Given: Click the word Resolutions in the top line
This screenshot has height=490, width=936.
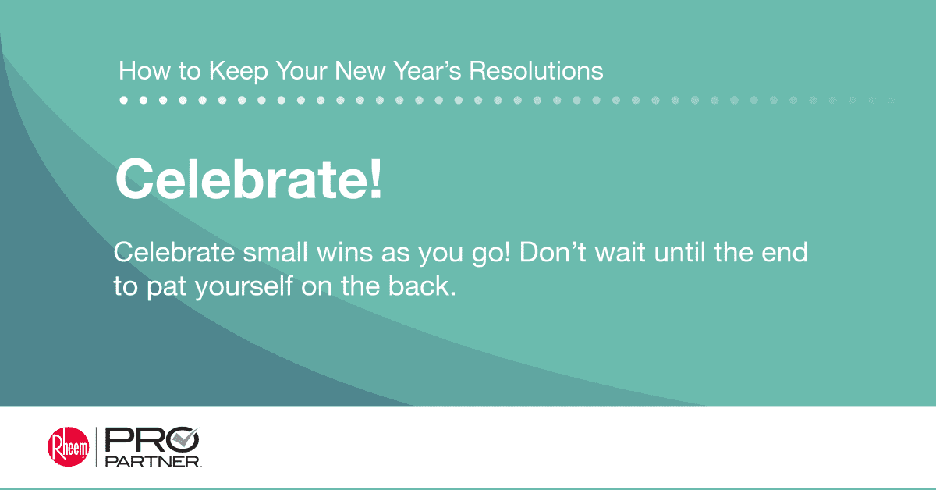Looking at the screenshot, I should click(x=536, y=72).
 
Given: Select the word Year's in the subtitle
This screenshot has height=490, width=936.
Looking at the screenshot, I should click(x=423, y=72).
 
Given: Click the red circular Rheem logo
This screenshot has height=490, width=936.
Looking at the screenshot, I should click(x=68, y=447).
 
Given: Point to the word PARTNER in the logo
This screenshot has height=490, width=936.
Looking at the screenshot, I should click(x=153, y=462).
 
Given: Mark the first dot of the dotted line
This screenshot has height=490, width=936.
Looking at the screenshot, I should click(x=124, y=100).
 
